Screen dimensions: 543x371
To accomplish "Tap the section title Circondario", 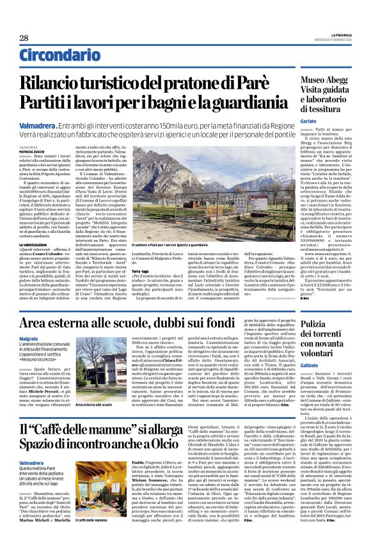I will pyautogui.click(x=56, y=56).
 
